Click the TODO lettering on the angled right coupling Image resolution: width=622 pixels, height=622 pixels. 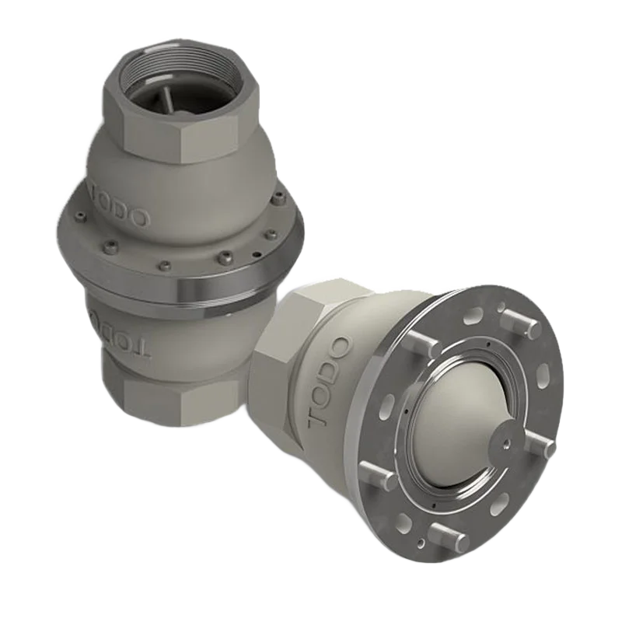click(x=329, y=381)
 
